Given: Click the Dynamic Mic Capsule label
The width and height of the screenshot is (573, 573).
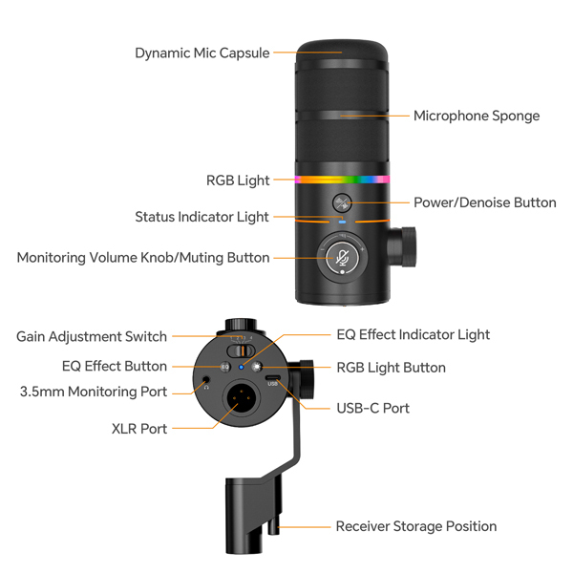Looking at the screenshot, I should click(202, 53).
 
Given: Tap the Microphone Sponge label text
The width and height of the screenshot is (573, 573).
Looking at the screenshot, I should click(476, 116).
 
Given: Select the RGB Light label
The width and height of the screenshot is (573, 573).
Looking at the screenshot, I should click(238, 180).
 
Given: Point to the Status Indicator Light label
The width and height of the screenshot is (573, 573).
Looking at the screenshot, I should click(202, 217).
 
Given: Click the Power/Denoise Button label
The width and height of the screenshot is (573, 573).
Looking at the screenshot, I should click(484, 202).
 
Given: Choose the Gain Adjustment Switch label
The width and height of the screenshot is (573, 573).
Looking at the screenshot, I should click(92, 336).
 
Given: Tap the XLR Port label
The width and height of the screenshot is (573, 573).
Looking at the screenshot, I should click(139, 429).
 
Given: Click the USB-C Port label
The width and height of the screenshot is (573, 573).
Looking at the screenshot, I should click(372, 408).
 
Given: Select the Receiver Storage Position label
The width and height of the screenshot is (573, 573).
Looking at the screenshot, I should click(415, 526).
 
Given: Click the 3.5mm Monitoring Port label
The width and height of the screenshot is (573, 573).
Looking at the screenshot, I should click(94, 392).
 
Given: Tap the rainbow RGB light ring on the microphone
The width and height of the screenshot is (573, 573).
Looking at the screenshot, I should click(342, 179).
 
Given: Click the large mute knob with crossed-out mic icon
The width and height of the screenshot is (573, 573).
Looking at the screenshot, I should click(342, 256).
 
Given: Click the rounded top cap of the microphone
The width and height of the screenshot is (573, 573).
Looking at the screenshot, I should click(342, 50).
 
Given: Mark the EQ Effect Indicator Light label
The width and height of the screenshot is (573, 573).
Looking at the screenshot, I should click(413, 334).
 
